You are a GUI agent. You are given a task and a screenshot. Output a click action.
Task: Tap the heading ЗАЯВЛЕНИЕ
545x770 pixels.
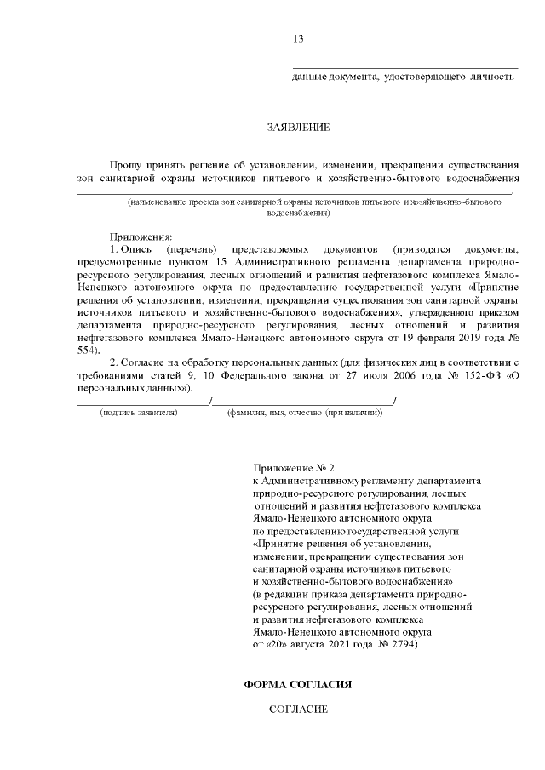pyautogui.click(x=298, y=128)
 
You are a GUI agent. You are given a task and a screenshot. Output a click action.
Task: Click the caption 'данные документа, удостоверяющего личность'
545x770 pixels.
pyautogui.click(x=404, y=77)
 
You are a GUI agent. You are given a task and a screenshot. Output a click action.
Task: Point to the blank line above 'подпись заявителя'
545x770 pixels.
pyautogui.click(x=141, y=402)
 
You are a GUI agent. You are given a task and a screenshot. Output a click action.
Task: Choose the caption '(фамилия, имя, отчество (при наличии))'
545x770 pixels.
pyautogui.click(x=304, y=413)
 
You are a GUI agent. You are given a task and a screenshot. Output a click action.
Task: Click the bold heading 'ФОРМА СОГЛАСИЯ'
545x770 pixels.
pyautogui.click(x=298, y=683)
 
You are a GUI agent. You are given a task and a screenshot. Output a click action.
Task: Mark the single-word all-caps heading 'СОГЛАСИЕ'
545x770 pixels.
pyautogui.click(x=298, y=709)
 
